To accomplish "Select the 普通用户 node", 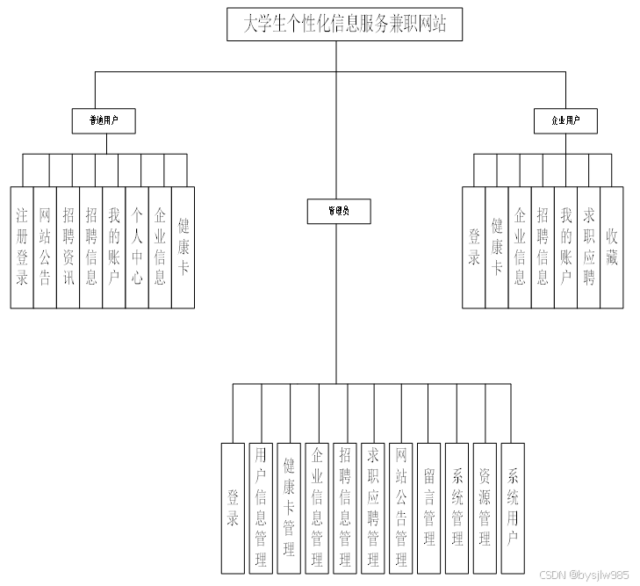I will [x=104, y=120].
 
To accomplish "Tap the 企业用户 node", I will [x=565, y=120].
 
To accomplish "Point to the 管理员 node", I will [x=337, y=211].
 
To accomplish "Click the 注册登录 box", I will [x=22, y=247].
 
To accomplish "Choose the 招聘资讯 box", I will [x=68, y=247].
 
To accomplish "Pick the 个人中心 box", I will [x=137, y=247].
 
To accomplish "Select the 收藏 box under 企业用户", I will [x=612, y=247].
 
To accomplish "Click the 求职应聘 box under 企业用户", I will [x=589, y=247].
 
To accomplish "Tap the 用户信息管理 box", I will [x=261, y=507].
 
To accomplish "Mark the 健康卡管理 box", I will [x=289, y=507].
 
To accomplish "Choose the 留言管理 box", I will [x=429, y=507].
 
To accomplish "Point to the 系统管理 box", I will [x=457, y=507].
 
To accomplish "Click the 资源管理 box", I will [x=485, y=507].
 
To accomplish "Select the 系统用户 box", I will [x=513, y=507].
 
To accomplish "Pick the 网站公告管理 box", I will [x=401, y=507].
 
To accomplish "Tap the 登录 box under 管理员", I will [x=233, y=507].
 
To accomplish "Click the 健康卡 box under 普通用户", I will [x=183, y=247].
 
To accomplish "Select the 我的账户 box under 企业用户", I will [x=566, y=247].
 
